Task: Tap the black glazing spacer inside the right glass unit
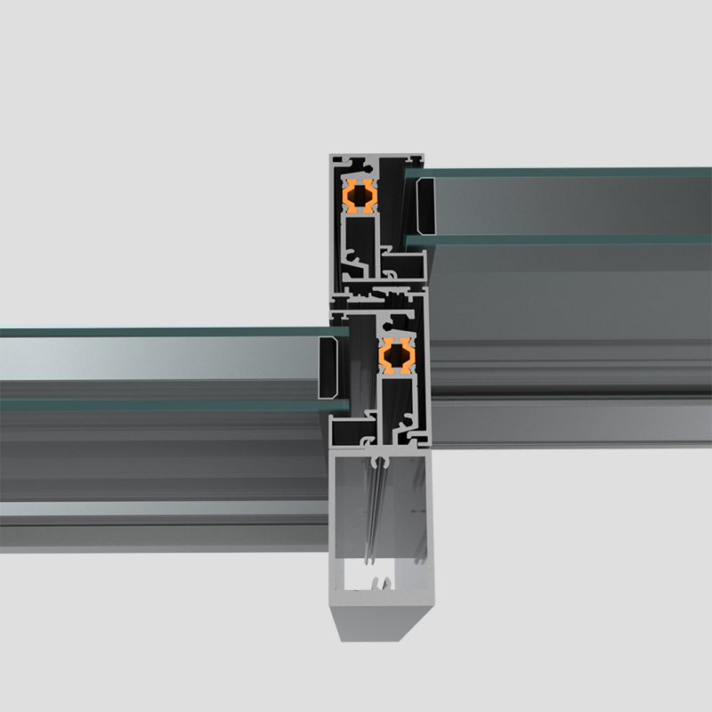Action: (425, 206)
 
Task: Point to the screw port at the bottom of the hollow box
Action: (381, 584)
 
